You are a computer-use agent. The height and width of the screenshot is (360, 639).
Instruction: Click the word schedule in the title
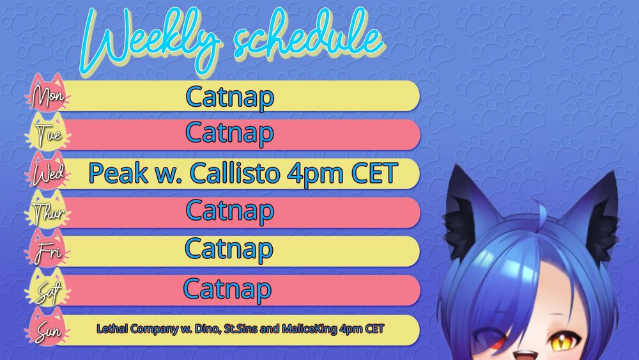pos(309,36)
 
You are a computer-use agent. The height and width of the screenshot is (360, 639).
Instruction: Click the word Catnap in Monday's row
pos(230,97)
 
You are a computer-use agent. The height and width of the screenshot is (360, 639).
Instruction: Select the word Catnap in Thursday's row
pos(230,211)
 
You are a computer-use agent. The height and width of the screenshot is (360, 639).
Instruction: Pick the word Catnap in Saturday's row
pos(227,289)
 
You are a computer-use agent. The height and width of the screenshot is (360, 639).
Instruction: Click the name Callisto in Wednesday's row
pos(235,173)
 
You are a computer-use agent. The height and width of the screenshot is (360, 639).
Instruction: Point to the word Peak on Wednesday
pos(118,173)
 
